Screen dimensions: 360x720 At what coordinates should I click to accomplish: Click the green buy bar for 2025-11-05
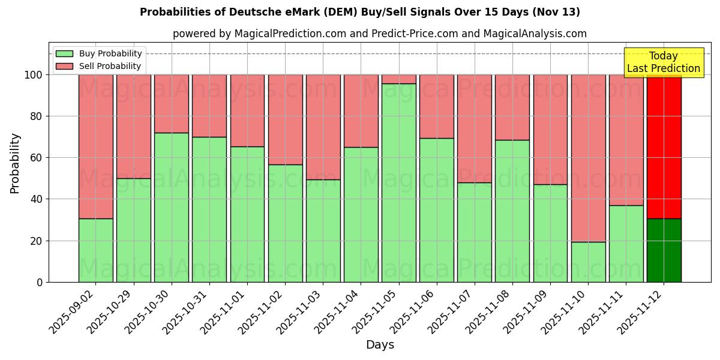click(399, 182)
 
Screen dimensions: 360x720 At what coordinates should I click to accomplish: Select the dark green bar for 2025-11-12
click(664, 250)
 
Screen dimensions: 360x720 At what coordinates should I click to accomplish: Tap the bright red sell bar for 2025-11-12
click(664, 146)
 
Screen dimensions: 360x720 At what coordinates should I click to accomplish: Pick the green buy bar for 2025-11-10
click(589, 262)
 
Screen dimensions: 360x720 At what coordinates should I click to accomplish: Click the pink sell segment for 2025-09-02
click(96, 146)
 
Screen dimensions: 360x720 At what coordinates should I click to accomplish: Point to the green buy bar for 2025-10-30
click(172, 207)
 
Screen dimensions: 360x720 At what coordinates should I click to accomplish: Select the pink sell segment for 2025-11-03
click(323, 127)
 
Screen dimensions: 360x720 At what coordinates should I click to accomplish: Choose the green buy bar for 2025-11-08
click(512, 211)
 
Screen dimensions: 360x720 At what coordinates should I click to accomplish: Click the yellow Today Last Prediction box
click(664, 62)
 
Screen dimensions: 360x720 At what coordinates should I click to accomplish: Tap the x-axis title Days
click(380, 345)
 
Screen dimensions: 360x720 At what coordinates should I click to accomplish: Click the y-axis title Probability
click(15, 163)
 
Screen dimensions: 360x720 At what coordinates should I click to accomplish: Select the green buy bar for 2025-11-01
click(247, 214)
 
